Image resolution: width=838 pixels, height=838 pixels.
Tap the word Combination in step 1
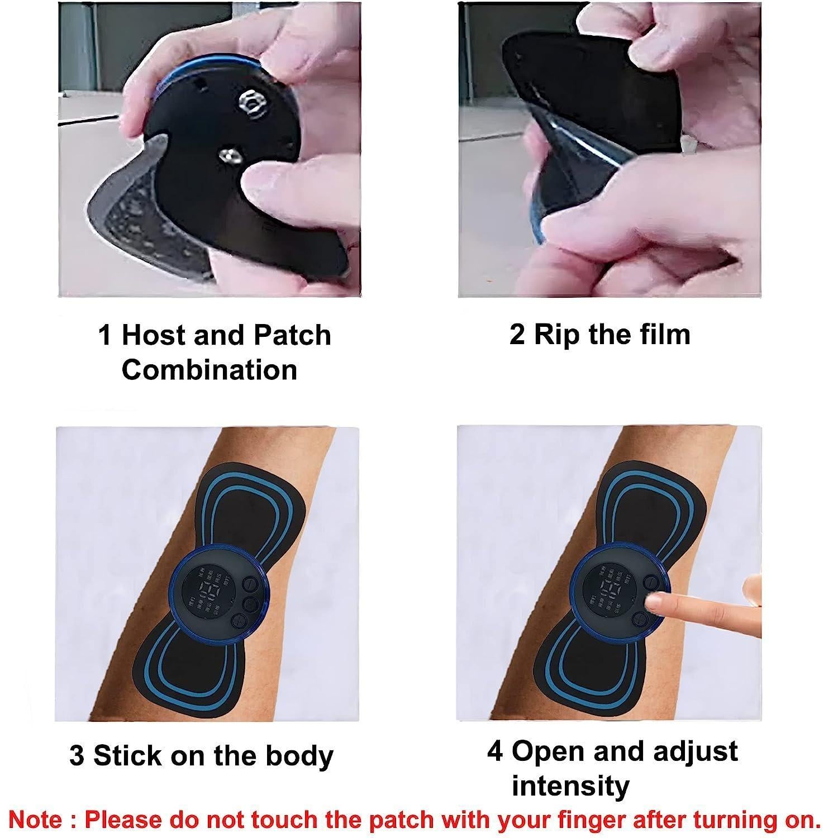click(209, 370)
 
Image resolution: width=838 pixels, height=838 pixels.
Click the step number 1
click(105, 335)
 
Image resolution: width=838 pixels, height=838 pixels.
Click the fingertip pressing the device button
click(652, 603)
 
